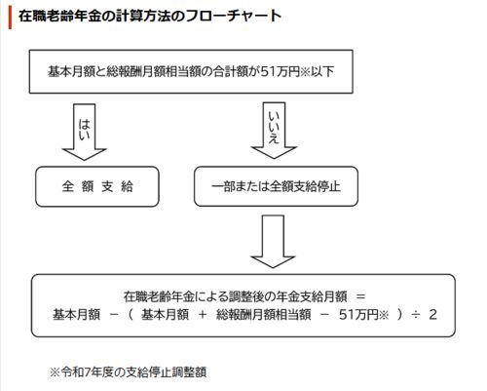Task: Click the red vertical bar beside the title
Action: pos(10,17)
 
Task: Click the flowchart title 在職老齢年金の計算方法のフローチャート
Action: pos(150,17)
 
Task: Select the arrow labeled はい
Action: pos(85,132)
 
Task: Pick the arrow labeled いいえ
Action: pos(274,131)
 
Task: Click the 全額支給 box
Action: pos(97,186)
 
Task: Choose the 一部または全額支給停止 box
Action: pos(276,186)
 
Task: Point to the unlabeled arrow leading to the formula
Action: pos(273,242)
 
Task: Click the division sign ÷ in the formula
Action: pos(416,315)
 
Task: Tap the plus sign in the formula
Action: pos(203,315)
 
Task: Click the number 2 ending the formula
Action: pos(432,315)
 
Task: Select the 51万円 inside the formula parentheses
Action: pos(358,315)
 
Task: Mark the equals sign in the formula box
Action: pos(360,296)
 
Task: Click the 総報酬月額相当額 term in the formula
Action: pos(263,315)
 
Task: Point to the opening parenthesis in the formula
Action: pos(131,315)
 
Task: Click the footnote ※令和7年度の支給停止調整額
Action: pos(128,372)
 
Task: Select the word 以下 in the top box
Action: pos(322,71)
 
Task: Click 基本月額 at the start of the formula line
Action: pos(76,315)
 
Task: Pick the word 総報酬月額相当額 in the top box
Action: pos(154,71)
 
